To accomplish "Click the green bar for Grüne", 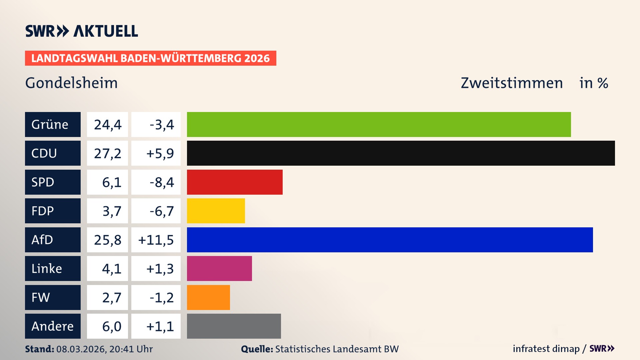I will (x=379, y=124).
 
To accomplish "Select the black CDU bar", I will (x=401, y=153).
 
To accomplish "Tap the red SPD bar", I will (x=235, y=182).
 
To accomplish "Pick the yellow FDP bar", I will (x=216, y=211).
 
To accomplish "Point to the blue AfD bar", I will (x=390, y=240).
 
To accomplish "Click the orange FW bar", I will (x=208, y=297).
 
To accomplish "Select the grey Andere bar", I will (x=234, y=326).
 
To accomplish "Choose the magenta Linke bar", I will (x=219, y=268).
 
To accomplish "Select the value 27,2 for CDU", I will (x=107, y=153).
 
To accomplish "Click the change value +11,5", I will (x=156, y=240).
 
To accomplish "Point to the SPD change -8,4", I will (x=162, y=182).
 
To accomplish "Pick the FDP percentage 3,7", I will (x=111, y=211).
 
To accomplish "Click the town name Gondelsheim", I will (x=71, y=83).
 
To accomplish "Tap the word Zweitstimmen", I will (x=512, y=83).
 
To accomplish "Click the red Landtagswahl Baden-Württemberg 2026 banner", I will (x=150, y=58).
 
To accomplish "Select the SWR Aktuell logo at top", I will (x=82, y=31).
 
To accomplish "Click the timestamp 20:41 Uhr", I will (x=131, y=349).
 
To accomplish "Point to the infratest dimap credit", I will (x=546, y=349).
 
